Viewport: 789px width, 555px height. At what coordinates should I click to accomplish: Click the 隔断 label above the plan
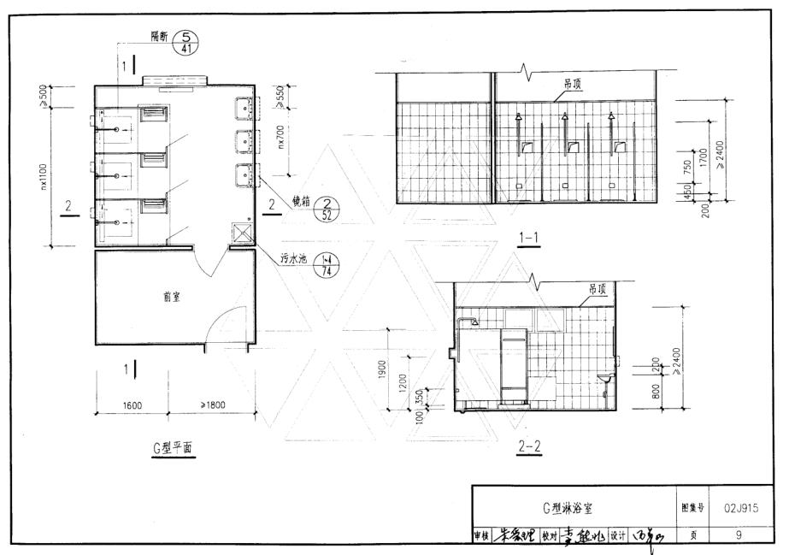pyautogui.click(x=159, y=38)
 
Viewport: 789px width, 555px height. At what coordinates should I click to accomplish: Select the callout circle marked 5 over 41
pyautogui.click(x=185, y=41)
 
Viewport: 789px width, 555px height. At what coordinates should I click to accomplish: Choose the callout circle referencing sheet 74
pyautogui.click(x=326, y=263)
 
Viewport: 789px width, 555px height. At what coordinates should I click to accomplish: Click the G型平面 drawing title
pyautogui.click(x=174, y=446)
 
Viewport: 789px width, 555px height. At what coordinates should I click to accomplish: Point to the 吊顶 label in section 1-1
pyautogui.click(x=573, y=85)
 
